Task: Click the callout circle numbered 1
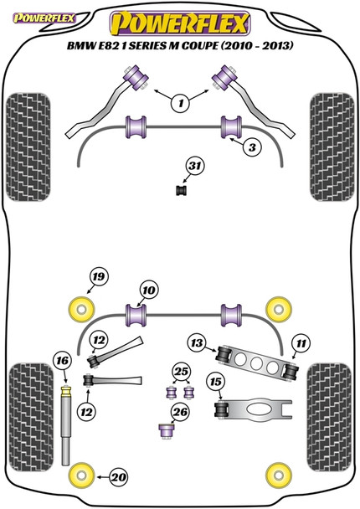[x=178, y=105]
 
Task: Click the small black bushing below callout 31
[x=180, y=193]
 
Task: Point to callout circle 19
[x=99, y=278]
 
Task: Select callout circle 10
[x=147, y=290]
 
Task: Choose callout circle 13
[x=197, y=342]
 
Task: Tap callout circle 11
[x=301, y=342]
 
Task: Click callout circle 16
[x=60, y=361]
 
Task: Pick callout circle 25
[x=180, y=371]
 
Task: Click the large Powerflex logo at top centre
[x=180, y=22]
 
